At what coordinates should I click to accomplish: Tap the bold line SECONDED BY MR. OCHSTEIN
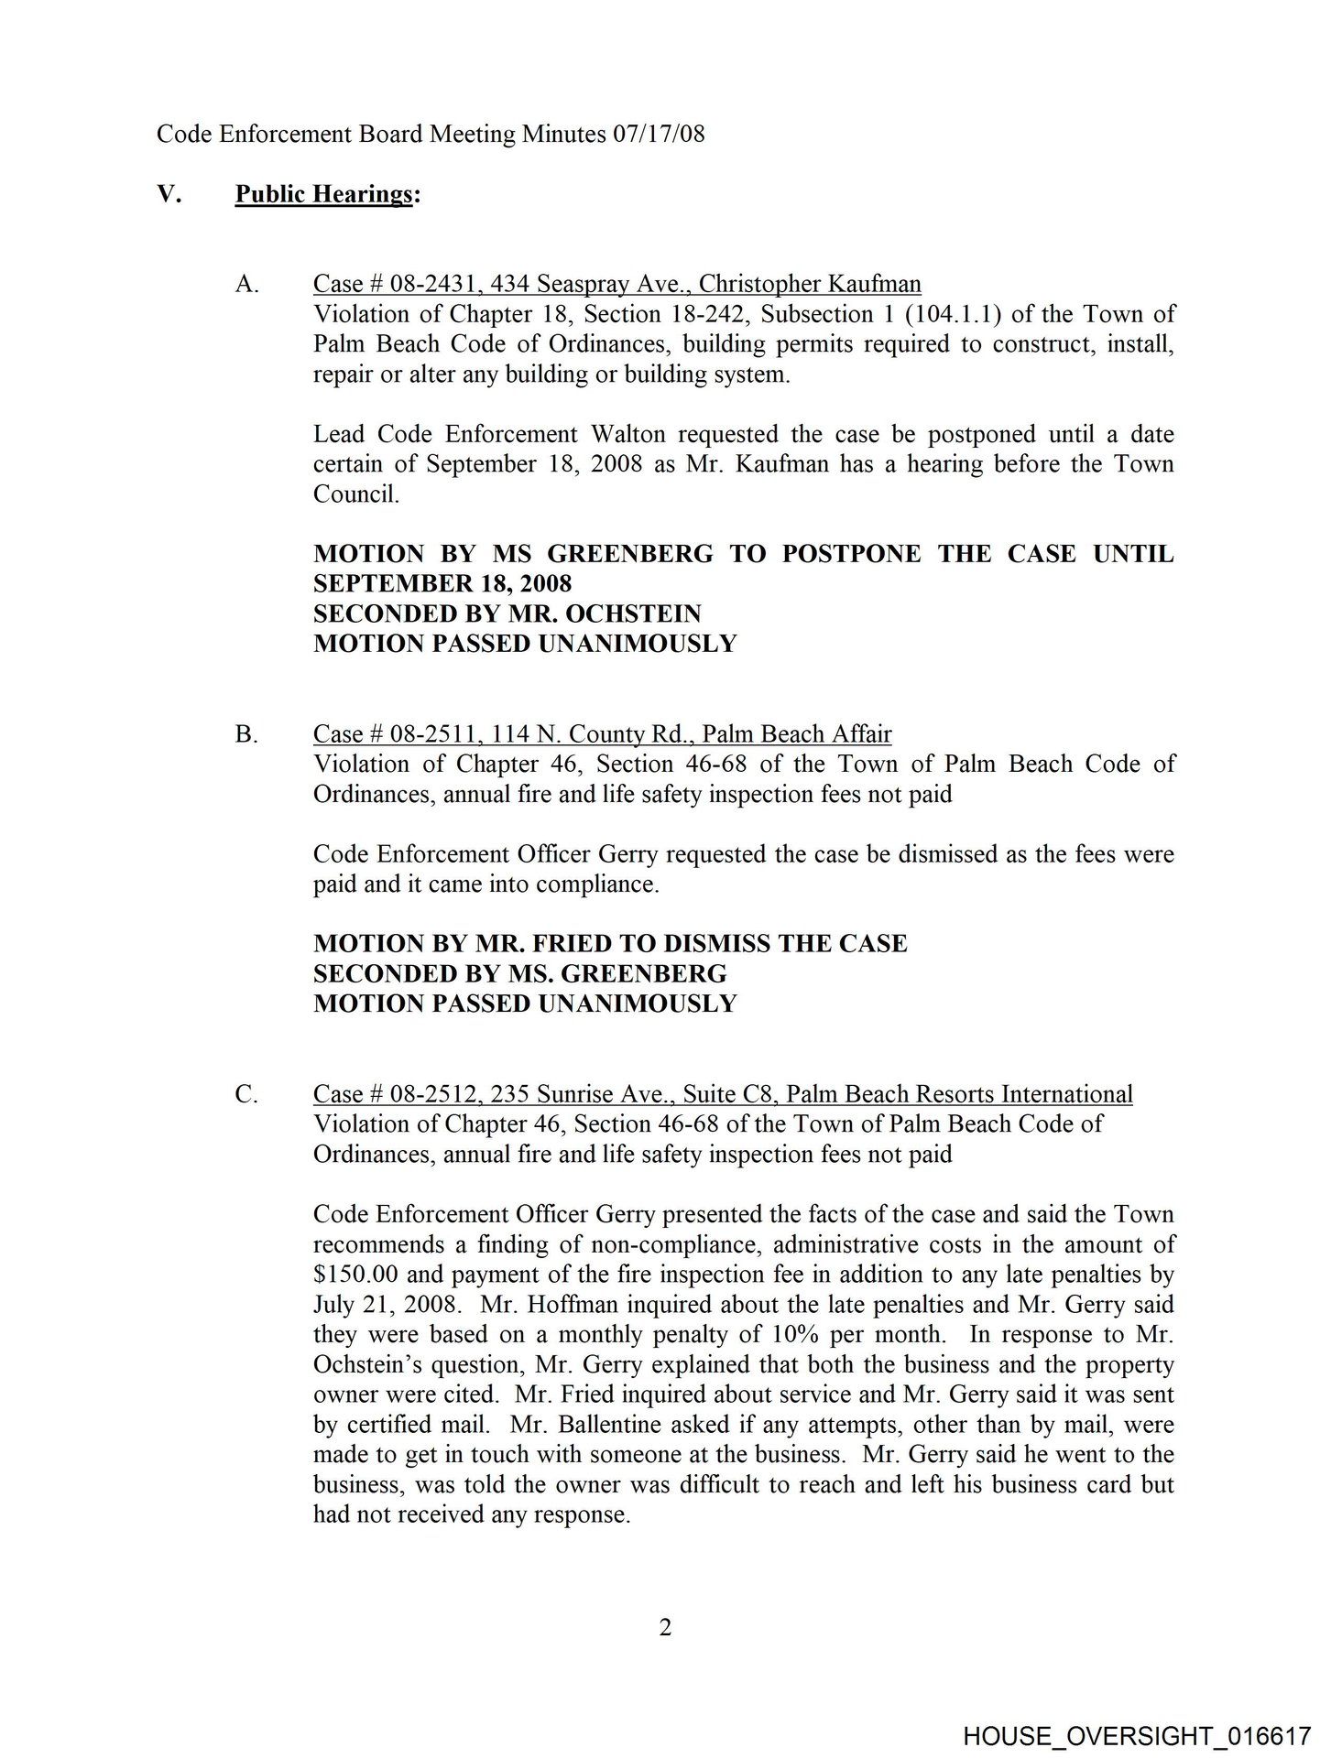507,613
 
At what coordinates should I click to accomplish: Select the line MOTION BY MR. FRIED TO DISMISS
610,944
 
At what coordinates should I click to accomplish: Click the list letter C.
245,1094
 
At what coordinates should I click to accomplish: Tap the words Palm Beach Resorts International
959,1094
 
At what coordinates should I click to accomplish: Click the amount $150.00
355,1275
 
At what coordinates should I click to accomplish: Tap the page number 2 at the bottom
666,1628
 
